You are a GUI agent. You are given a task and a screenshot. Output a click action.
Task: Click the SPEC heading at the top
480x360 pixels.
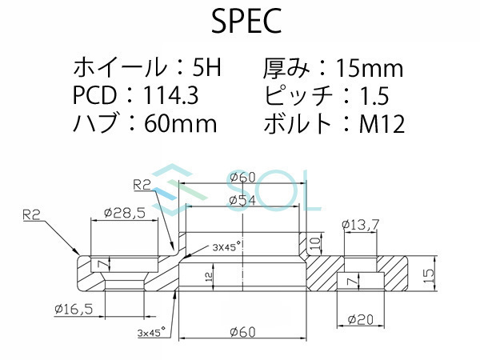246,22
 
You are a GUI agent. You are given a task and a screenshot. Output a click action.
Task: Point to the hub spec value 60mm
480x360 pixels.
181,124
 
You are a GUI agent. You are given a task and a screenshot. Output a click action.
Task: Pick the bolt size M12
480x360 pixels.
383,124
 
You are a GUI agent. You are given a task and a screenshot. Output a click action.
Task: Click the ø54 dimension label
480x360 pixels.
242,201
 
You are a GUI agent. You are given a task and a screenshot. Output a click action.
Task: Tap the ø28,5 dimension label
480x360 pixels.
123,214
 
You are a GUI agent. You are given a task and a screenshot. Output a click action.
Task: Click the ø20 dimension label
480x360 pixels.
359,319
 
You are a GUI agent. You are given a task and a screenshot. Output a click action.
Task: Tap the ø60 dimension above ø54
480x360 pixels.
242,178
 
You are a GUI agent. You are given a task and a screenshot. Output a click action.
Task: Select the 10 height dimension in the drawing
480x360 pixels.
314,241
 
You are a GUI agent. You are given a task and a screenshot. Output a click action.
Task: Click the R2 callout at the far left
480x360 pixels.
32,214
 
